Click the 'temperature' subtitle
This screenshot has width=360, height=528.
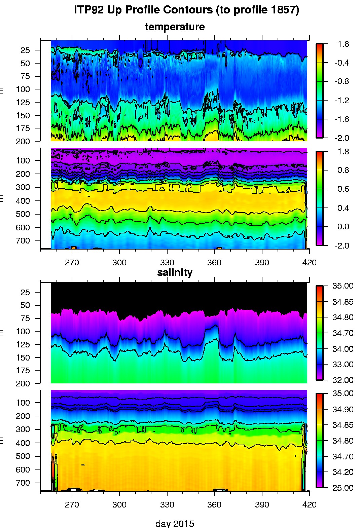pos(175,27)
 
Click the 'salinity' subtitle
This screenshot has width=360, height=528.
pos(175,272)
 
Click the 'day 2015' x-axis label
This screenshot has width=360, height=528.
pos(175,523)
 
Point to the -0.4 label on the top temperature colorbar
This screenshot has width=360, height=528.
pos(341,63)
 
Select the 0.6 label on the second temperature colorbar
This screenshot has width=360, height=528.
pos(343,189)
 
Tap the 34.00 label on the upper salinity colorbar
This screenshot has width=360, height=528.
pos(343,349)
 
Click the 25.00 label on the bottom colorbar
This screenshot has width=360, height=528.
pos(343,488)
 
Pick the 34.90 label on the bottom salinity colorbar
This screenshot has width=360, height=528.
pos(343,409)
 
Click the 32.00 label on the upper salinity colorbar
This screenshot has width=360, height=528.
pos(343,380)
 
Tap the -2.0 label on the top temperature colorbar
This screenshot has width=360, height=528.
pos(341,138)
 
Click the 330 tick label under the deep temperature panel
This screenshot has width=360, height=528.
pos(167,262)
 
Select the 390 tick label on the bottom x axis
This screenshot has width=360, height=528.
pos(262,504)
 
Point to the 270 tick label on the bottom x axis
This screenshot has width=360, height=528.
pos(72,504)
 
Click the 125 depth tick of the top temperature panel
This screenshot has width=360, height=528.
pos(23,102)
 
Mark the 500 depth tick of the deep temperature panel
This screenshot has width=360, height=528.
pos(23,214)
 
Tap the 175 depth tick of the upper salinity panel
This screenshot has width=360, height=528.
pos(23,370)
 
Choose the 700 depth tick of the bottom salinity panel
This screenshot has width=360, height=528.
pos(23,483)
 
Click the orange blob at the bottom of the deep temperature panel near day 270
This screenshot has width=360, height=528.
pos(73,248)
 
